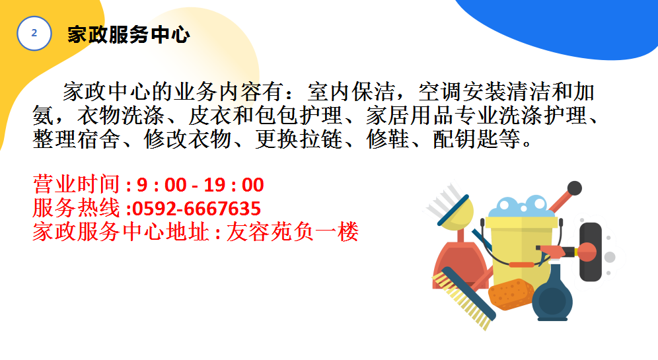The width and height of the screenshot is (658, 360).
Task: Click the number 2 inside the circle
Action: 34,33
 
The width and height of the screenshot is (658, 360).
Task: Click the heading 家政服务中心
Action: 128,34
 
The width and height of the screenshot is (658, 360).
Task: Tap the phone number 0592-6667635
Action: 196,209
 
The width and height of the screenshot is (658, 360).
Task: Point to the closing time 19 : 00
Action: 234,185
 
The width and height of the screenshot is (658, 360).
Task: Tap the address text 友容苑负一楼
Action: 293,232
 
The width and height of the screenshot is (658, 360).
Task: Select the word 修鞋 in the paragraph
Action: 388,139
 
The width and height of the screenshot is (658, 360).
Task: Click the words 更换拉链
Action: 299,139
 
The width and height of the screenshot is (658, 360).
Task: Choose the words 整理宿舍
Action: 77,139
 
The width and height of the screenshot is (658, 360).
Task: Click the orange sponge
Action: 511,295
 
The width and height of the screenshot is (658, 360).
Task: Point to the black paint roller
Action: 590,252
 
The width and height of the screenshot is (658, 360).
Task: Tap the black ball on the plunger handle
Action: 575,188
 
